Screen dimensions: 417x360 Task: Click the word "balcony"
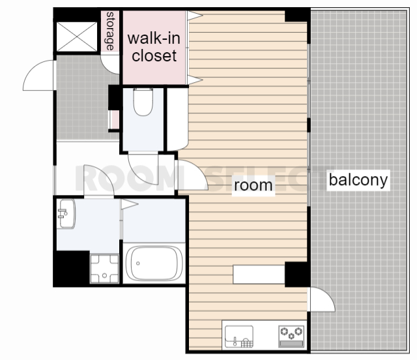pos(358,180)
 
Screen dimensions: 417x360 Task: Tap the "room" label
pos(253,185)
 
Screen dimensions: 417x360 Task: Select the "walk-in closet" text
pos(154,47)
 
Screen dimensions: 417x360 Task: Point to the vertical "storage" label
pos(110,31)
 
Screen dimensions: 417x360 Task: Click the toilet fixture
pos(143,102)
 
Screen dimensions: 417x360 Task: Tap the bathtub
pos(154,263)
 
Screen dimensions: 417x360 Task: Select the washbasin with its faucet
pos(66,214)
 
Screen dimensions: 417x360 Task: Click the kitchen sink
pos(239,337)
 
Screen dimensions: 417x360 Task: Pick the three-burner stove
pos(291,337)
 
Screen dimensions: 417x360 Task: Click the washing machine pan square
pos(104,269)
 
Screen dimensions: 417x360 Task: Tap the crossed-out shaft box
pos(77,37)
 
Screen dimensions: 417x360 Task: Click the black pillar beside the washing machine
pos(71,269)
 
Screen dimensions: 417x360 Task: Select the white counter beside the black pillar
pos(259,275)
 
